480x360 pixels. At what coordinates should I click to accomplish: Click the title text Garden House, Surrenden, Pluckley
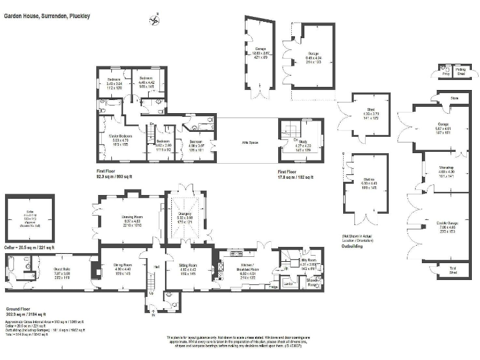tap(47, 16)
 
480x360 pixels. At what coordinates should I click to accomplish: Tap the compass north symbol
tap(154, 20)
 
